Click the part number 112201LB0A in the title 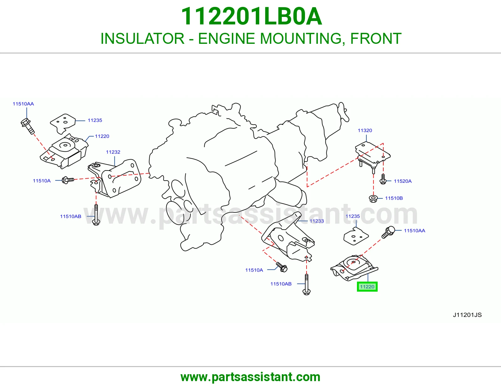click(x=251, y=16)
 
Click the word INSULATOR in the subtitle click(x=142, y=38)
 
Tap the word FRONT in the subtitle click(x=376, y=38)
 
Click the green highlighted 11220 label click(x=367, y=287)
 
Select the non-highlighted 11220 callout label click(x=102, y=136)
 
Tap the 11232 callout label click(x=113, y=152)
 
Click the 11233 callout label click(x=317, y=221)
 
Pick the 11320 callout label click(x=365, y=130)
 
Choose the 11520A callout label click(x=403, y=181)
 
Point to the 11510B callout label click(x=394, y=198)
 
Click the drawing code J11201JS click(x=467, y=315)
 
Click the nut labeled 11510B click(x=373, y=199)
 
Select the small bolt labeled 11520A click(x=383, y=179)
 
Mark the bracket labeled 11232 click(x=115, y=179)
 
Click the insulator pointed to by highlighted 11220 click(x=354, y=267)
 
